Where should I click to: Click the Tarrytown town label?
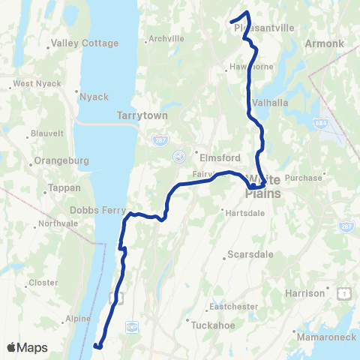tap(135, 116)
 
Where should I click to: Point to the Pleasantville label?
tap(265, 28)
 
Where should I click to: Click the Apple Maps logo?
tap(27, 347)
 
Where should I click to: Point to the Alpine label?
tap(77, 318)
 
